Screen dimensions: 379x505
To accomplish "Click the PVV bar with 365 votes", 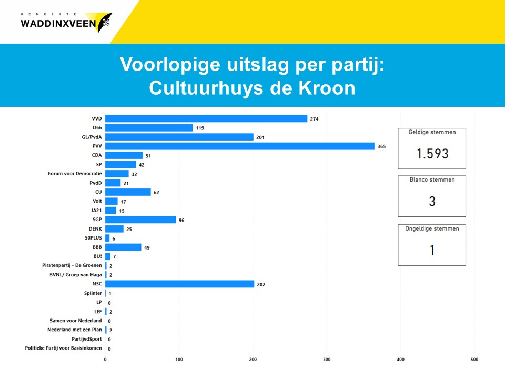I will (240, 146).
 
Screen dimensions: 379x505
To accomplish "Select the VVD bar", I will (206, 118).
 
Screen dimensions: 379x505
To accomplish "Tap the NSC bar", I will (179, 284).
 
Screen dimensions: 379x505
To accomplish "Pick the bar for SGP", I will (140, 220).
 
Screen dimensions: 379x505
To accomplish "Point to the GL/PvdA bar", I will (179, 137).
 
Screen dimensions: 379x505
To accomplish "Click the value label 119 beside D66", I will (200, 128).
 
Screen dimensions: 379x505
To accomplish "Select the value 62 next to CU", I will (156, 192).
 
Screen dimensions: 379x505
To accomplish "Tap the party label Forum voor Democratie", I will (74, 174).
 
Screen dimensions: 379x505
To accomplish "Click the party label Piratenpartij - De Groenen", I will (72, 265).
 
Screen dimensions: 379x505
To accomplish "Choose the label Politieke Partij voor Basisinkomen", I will (64, 348).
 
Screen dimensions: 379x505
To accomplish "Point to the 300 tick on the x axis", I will (327, 360).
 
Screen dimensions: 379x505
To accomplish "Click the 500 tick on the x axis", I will (474, 360).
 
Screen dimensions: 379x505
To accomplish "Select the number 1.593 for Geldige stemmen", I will (432, 153).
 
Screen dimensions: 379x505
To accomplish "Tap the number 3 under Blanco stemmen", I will (432, 201).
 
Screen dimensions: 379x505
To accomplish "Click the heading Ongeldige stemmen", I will (432, 228).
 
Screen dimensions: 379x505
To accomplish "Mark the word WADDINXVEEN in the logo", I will (58, 23).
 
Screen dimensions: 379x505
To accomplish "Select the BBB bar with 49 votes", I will (123, 247).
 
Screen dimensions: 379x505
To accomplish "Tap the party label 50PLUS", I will (93, 238).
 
